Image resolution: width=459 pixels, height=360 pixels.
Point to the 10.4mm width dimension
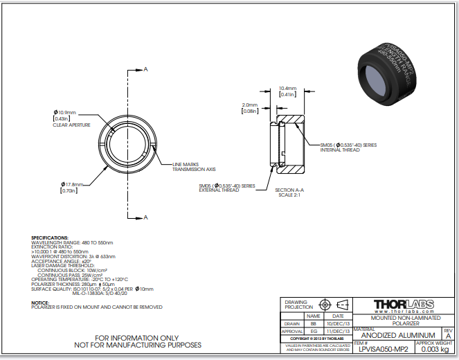(287, 89)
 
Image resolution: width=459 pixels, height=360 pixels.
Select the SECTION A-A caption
(290, 190)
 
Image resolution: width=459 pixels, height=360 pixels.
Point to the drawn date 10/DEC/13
(338, 323)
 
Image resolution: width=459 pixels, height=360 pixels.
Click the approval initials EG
(313, 332)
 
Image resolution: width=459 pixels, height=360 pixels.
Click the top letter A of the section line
(146, 70)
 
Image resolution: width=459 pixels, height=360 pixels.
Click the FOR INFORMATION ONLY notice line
(138, 337)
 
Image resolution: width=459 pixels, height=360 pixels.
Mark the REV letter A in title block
(448, 335)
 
